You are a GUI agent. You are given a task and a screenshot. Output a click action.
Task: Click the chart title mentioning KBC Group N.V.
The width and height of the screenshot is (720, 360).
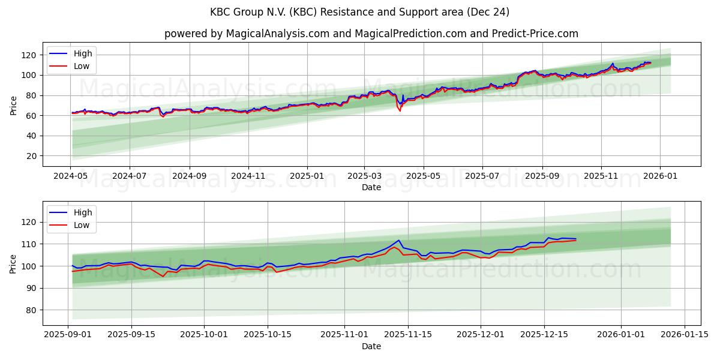[359, 12]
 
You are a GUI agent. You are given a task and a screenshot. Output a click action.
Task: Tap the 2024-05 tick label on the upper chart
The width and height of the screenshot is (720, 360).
[71, 176]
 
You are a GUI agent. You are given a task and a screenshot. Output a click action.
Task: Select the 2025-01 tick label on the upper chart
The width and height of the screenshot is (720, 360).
[307, 176]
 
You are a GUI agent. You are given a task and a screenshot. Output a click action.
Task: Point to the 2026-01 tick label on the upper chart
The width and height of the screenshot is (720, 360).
[660, 176]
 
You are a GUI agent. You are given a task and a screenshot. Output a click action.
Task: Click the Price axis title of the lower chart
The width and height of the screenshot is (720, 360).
[14, 263]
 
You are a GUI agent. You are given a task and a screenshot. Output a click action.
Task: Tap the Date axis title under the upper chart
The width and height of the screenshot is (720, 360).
[371, 187]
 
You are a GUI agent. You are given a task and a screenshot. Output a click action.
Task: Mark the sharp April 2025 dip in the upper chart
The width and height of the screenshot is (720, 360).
[400, 110]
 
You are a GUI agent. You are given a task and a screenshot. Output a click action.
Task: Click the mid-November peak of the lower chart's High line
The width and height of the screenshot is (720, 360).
[399, 241]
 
